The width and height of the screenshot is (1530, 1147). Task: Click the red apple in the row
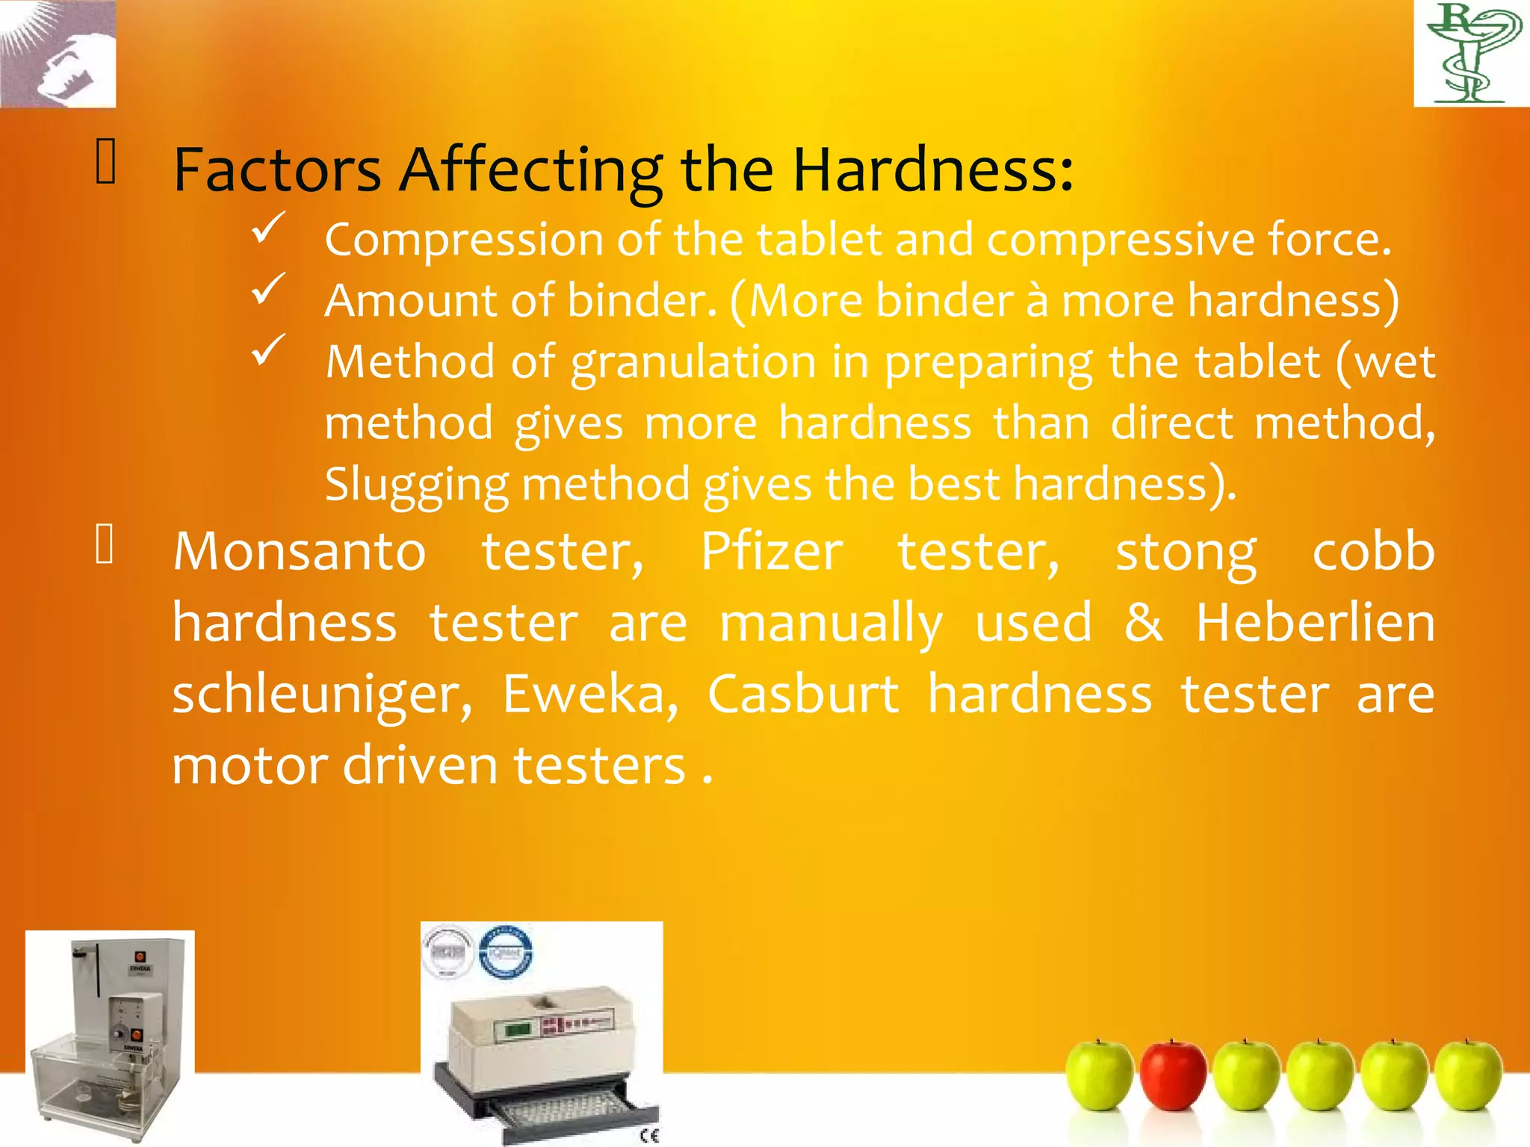(1172, 1075)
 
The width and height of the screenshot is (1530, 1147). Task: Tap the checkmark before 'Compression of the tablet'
(268, 228)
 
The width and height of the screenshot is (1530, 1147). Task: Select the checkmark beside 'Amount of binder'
(268, 289)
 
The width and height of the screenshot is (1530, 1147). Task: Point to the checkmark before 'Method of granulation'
(268, 350)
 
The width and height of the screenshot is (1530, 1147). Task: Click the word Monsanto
(300, 553)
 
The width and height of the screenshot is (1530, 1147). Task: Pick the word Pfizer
(771, 553)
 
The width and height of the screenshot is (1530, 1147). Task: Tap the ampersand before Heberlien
(1143, 623)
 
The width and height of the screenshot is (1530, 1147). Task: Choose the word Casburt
(802, 694)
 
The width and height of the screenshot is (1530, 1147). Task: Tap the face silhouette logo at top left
(58, 54)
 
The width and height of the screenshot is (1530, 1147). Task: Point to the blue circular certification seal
(506, 951)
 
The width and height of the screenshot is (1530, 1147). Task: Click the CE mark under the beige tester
(649, 1136)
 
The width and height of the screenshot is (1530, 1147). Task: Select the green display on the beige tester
(518, 1030)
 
